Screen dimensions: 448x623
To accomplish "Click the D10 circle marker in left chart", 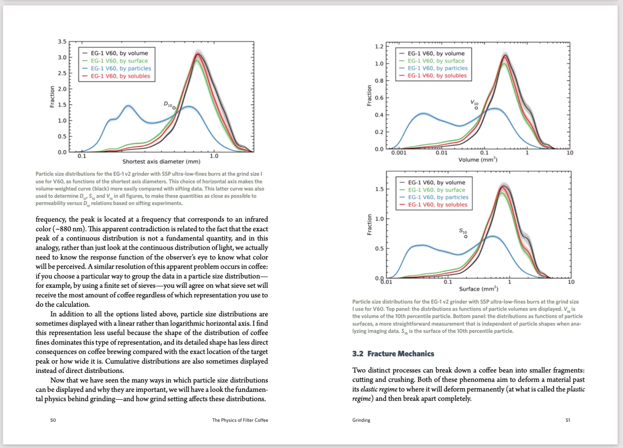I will [174, 108].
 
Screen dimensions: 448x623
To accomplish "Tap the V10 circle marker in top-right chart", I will [476, 108].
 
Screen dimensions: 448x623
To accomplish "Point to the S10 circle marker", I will [466, 237].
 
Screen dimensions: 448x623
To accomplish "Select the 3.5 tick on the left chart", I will [62, 42].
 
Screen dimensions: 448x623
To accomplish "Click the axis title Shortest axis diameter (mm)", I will [161, 162].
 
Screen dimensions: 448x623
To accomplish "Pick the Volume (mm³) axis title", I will [478, 160].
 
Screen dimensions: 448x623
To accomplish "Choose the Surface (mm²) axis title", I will [478, 289].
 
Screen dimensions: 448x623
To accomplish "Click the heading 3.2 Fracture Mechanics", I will [393, 354].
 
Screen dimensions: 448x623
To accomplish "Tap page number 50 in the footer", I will [53, 420].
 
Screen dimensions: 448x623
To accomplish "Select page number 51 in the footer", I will [568, 420].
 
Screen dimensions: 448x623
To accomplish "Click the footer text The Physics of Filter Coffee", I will [240, 420].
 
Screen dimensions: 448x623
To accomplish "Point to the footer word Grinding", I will [361, 420].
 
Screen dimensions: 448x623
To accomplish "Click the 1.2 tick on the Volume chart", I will [379, 46].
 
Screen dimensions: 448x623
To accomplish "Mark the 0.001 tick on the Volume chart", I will [399, 153].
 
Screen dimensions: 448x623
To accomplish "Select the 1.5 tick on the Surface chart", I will [379, 189].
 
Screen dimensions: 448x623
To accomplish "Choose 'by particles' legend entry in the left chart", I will [121, 69].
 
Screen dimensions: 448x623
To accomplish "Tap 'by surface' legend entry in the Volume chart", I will [436, 61].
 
